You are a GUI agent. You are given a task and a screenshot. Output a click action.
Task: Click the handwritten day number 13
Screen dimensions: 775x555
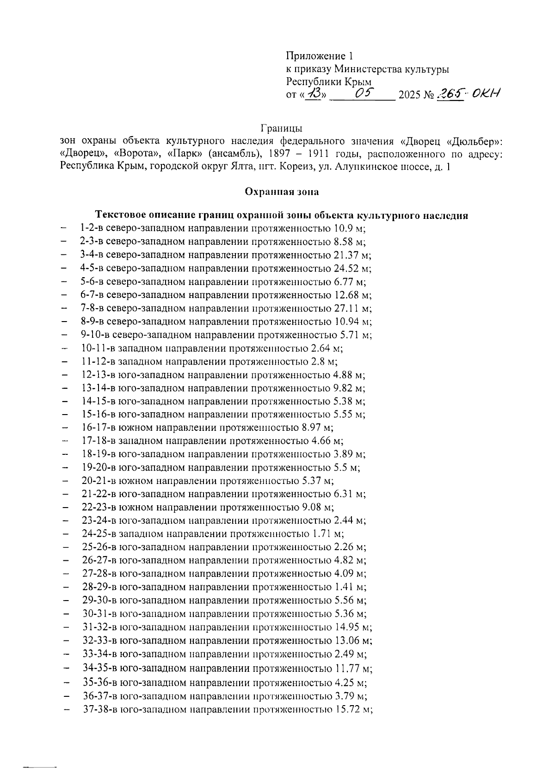pyautogui.click(x=316, y=95)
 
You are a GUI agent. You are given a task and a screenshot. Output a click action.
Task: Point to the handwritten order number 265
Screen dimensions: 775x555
pyautogui.click(x=450, y=94)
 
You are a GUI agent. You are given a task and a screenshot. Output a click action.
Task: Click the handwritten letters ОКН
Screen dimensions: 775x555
pyautogui.click(x=487, y=94)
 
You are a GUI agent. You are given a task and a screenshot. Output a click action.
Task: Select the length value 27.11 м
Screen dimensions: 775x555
pyautogui.click(x=352, y=308)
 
